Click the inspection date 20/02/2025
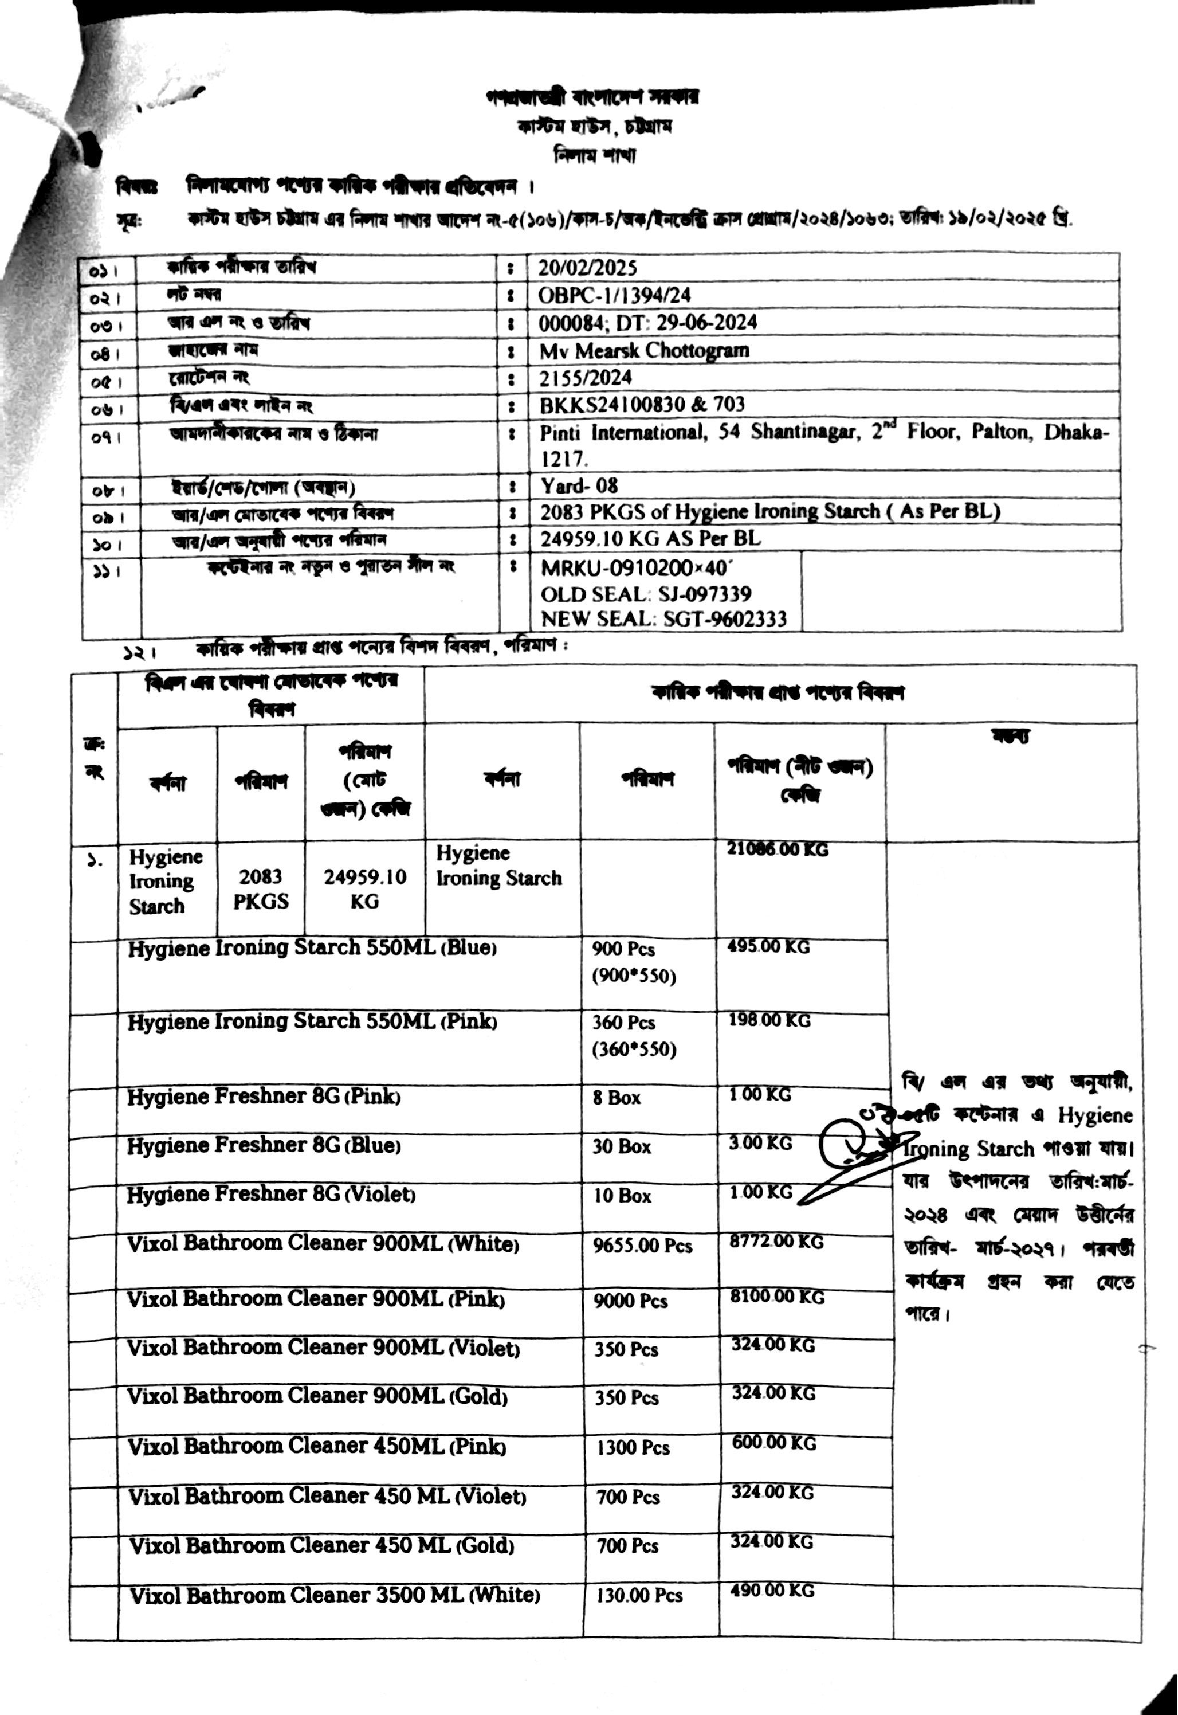point(587,268)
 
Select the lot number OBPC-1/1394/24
point(614,295)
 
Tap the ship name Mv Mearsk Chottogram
point(643,350)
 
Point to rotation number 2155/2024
point(586,378)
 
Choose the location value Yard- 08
point(579,485)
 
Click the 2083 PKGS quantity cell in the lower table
point(261,889)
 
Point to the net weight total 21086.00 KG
point(777,849)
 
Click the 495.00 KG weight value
point(768,947)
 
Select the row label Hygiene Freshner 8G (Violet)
point(271,1195)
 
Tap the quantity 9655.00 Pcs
point(642,1246)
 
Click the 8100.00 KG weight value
point(776,1297)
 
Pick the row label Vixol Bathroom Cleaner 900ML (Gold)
point(317,1397)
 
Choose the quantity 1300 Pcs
point(633,1448)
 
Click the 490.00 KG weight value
point(772,1591)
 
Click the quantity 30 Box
point(622,1146)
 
